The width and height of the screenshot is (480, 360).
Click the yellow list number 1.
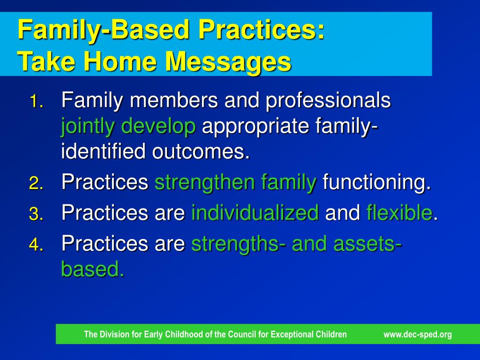coord(37,101)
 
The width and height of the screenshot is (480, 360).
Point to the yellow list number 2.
coord(37,184)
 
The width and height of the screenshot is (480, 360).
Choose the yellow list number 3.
coord(37,214)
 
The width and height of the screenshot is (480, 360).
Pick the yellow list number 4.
coord(37,245)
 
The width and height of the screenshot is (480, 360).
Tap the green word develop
coord(158,127)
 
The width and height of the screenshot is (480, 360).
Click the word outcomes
coord(201,151)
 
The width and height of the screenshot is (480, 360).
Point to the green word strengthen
coord(204,183)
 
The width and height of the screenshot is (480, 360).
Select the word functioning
coord(376,183)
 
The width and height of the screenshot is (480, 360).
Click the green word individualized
coord(255,212)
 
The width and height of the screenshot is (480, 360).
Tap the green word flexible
coord(399,212)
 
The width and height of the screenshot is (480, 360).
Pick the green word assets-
coord(367,244)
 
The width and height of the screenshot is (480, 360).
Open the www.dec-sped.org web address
coord(418,334)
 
